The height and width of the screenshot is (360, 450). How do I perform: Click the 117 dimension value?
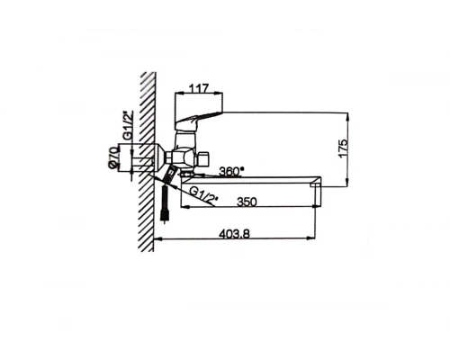[x=200, y=89]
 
